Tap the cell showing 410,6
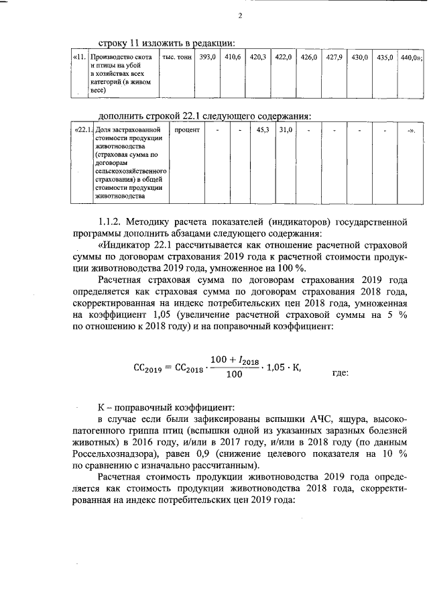coord(233,58)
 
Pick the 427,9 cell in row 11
coord(334,58)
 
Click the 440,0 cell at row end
coord(410,58)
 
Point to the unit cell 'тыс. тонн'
coord(177,58)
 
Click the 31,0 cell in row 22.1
coord(286,129)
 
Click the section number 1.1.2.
coord(113,221)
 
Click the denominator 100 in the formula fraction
coord(234,375)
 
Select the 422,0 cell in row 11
coord(284,58)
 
